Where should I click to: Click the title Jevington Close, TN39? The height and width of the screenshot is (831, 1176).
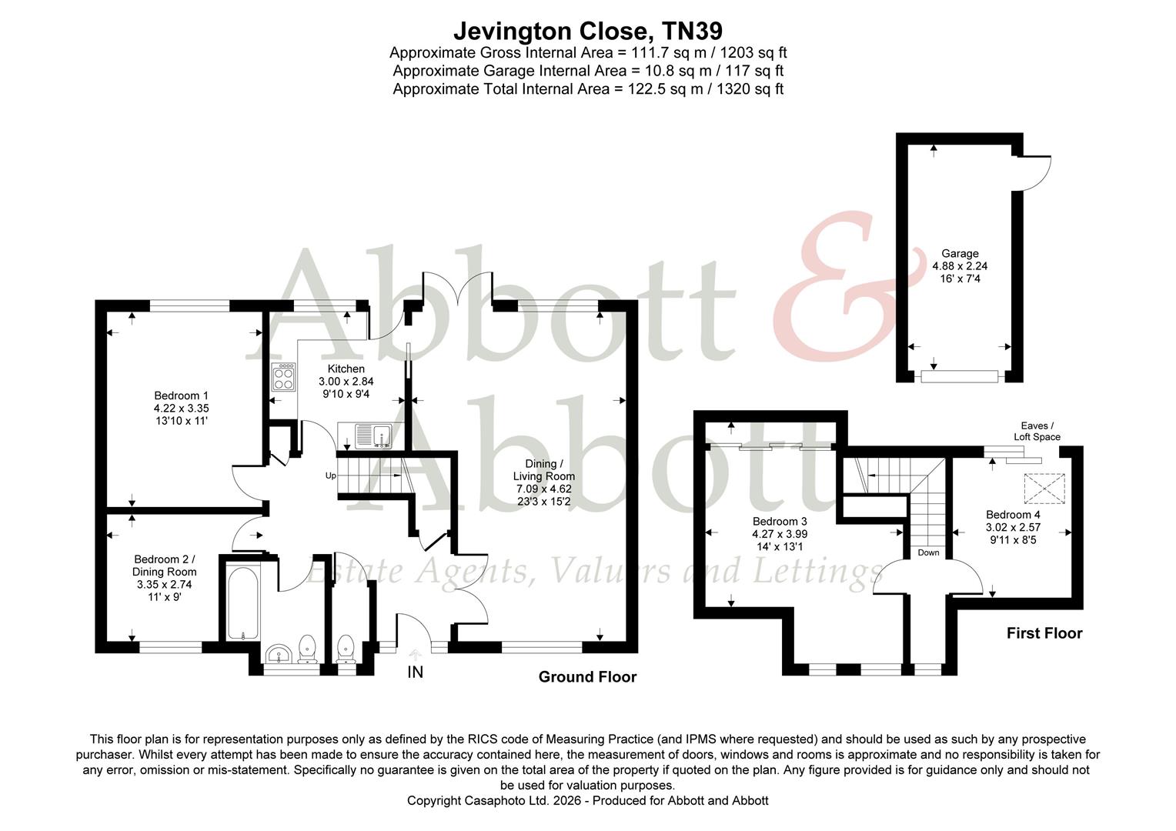(587, 30)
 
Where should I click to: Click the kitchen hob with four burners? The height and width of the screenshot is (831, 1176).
(283, 377)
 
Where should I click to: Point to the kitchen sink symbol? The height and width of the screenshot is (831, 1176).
(373, 436)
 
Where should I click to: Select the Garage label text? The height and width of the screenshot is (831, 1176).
(960, 253)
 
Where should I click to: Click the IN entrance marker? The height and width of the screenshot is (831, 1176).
(415, 672)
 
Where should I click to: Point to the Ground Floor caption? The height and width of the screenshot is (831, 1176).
(587, 677)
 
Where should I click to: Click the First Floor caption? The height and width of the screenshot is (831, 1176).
(1044, 633)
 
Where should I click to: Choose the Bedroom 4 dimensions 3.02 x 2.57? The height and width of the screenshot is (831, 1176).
(1013, 528)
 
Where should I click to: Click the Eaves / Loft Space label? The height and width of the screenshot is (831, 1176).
(1037, 431)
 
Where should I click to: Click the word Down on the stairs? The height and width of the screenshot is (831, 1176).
(928, 552)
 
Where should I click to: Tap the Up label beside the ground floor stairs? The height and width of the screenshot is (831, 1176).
(330, 476)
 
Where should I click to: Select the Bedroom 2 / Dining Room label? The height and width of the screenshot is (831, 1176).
(164, 566)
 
